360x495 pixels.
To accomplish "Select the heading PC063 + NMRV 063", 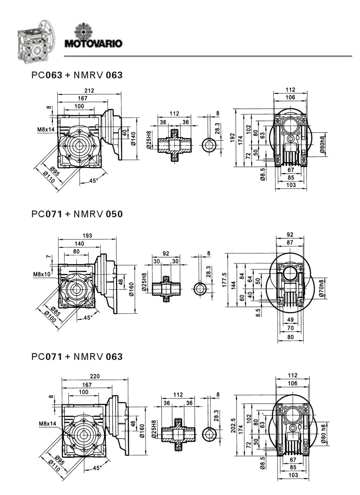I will (x=77, y=75).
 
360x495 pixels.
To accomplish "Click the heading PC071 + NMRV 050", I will (x=77, y=214).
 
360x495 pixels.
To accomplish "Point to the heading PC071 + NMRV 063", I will (x=77, y=357).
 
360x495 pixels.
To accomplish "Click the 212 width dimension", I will (x=89, y=91).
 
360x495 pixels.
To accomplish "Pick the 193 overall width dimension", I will (x=88, y=236).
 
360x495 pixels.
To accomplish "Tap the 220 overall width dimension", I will (x=95, y=376).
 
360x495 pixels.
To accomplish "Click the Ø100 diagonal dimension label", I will (x=50, y=318).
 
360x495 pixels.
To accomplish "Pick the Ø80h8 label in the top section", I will (x=322, y=144).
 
